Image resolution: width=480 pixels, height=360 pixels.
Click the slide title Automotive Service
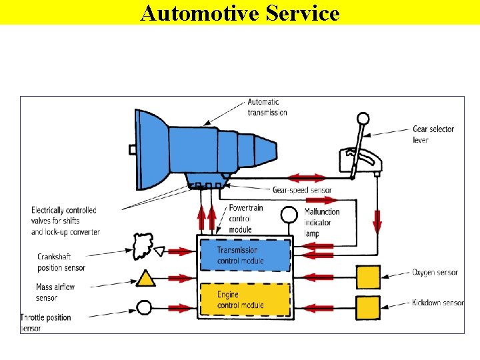coord(240,13)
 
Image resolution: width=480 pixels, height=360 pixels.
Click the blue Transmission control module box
coord(246,255)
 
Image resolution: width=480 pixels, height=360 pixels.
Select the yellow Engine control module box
coord(246,300)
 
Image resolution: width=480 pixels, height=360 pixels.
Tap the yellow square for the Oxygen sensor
coord(368,276)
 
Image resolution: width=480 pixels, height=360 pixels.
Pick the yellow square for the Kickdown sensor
coord(368,307)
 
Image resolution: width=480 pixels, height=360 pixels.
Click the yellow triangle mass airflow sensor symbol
coord(146,278)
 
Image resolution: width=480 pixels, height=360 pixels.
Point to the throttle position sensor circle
coord(145,307)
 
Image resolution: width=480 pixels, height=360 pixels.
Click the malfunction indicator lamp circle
coord(289,215)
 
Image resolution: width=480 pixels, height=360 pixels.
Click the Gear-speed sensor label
coord(302,190)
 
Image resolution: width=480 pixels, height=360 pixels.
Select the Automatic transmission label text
coord(267,107)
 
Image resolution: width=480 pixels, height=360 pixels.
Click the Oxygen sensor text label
coord(435,273)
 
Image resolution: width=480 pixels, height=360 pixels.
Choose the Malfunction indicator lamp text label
coord(322,223)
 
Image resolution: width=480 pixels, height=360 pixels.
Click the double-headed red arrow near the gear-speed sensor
coord(307,178)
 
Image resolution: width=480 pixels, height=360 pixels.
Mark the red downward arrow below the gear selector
coord(377,220)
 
